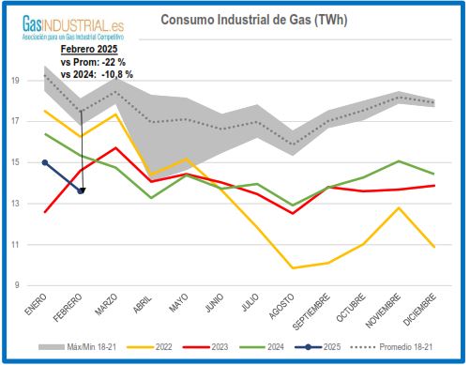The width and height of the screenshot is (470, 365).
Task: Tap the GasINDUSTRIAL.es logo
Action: tap(63, 22)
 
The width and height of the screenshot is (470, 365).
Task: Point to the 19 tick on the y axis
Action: tap(16, 81)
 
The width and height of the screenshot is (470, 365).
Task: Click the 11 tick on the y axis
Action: tap(16, 244)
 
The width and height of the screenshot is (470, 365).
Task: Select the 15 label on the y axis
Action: tap(16, 162)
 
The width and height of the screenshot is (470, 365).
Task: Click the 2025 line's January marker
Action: tap(45, 162)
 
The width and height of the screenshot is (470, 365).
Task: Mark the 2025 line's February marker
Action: tap(82, 190)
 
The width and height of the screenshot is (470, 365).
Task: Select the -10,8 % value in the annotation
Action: tap(116, 72)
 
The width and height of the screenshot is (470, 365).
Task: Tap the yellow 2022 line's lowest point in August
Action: tap(294, 267)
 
